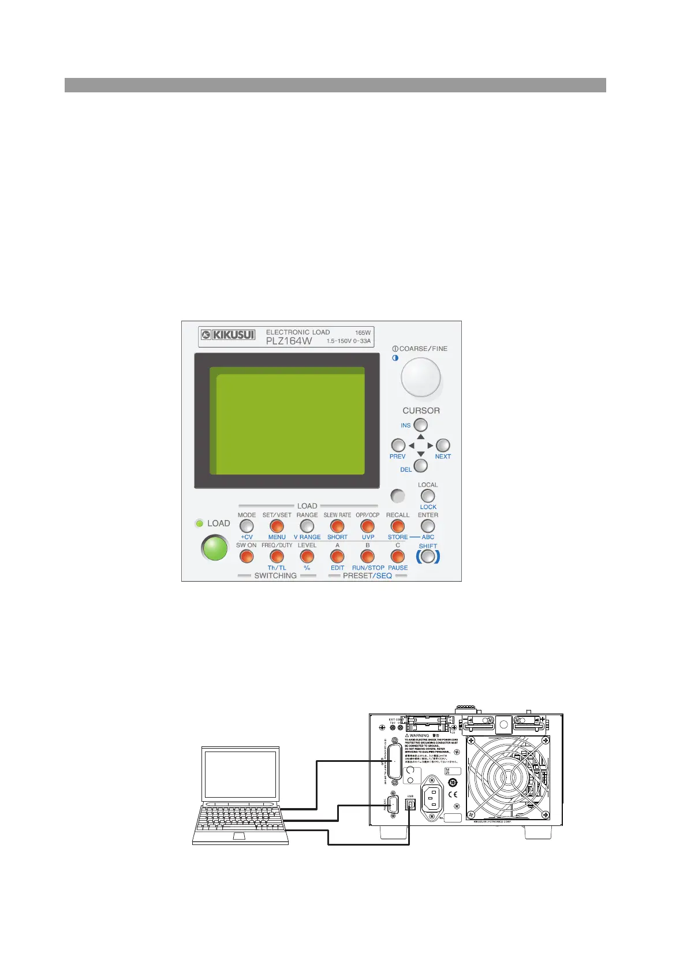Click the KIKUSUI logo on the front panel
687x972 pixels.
(228, 334)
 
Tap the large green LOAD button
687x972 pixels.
(215, 548)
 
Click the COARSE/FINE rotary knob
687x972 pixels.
(420, 377)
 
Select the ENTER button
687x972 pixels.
(427, 526)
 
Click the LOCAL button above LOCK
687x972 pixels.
(427, 496)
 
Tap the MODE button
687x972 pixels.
(247, 526)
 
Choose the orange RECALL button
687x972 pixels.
(397, 526)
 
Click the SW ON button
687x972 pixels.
(247, 556)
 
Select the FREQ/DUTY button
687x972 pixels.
(277, 556)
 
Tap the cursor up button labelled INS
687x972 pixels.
(421, 425)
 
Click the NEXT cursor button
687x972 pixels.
(443, 445)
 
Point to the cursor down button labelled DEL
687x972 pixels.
(421, 465)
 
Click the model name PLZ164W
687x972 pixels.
(289, 341)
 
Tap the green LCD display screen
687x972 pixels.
(287, 421)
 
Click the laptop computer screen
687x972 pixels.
(241, 773)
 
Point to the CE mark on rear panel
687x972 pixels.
(453, 795)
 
